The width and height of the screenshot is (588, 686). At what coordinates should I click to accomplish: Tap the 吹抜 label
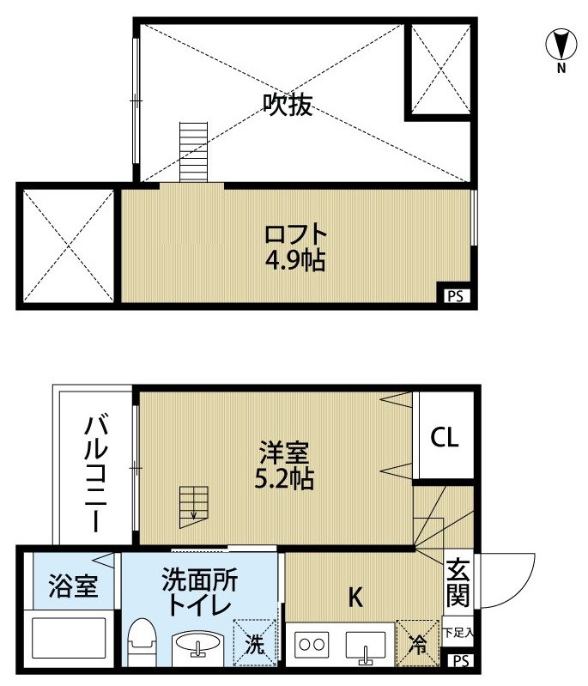[x=288, y=105]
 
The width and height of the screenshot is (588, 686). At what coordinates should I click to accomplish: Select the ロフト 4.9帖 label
[x=296, y=248]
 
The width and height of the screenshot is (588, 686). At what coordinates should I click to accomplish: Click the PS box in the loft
[x=456, y=296]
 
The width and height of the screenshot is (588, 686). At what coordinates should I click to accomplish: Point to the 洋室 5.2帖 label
[x=284, y=465]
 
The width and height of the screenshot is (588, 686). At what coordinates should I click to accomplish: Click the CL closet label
[x=445, y=437]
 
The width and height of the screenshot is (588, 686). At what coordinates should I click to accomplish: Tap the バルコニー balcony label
[x=96, y=473]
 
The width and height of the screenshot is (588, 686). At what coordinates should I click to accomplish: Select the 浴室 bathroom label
[x=73, y=586]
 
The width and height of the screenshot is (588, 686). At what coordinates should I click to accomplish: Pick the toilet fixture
[x=141, y=641]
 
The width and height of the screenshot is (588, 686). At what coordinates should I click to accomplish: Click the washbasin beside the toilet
[x=197, y=644]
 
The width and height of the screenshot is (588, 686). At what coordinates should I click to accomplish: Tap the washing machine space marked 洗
[x=255, y=643]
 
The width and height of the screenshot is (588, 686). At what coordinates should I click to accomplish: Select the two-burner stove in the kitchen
[x=312, y=645]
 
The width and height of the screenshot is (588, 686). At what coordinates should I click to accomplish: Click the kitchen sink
[x=366, y=645]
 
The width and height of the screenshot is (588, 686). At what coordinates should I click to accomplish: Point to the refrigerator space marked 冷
[x=418, y=643]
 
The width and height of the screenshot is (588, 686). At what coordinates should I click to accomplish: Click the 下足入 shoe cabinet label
[x=458, y=632]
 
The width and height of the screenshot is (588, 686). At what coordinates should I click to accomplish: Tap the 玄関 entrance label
[x=458, y=582]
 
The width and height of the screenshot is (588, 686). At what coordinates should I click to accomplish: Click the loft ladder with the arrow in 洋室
[x=193, y=507]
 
